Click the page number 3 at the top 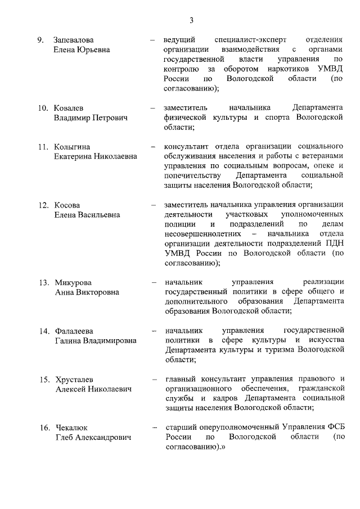pos(191,21)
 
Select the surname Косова pos(67,205)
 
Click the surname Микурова pos(73,282)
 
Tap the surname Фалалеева pos(75,331)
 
